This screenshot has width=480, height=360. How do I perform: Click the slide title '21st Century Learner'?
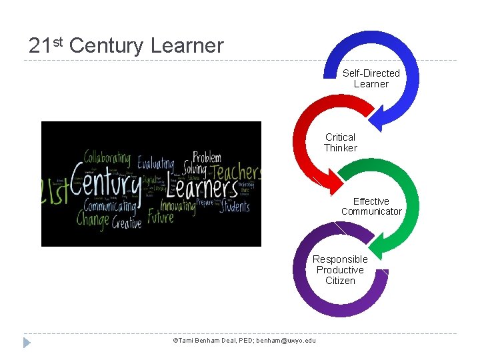click(x=126, y=45)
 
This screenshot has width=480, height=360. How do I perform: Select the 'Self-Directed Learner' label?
click(x=371, y=79)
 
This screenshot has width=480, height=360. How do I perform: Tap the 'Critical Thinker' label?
click(x=341, y=143)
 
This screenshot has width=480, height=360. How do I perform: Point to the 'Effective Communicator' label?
click(x=371, y=207)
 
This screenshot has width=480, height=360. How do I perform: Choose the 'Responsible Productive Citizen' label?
click(x=340, y=270)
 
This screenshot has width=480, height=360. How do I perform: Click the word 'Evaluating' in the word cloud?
click(x=155, y=164)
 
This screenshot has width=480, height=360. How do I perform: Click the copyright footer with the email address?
click(x=244, y=341)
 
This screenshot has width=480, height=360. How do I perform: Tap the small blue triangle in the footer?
click(x=27, y=343)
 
